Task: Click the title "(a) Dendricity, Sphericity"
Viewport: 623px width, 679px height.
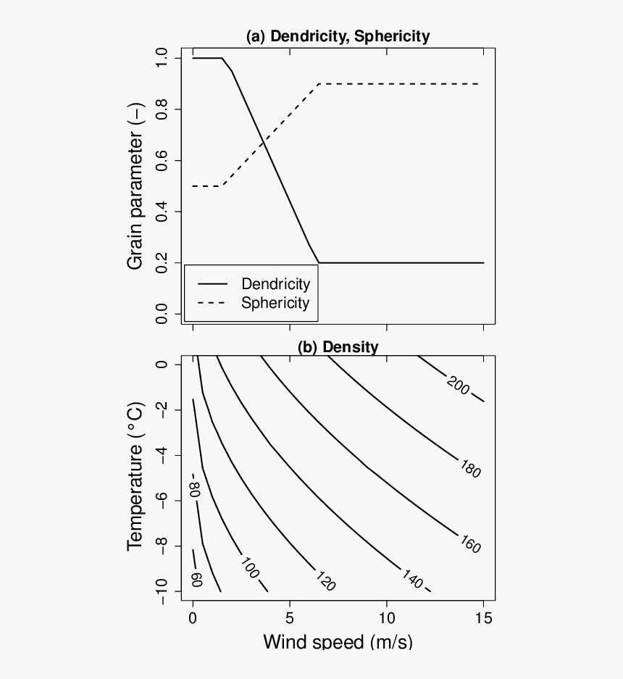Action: click(x=338, y=36)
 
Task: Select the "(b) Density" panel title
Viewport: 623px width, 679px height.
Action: click(x=338, y=347)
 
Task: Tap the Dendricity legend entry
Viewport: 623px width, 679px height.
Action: click(x=275, y=284)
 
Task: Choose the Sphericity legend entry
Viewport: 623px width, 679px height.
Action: click(x=275, y=303)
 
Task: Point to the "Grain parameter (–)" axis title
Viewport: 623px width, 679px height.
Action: click(x=136, y=186)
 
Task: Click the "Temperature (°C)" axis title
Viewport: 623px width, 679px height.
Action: click(x=136, y=477)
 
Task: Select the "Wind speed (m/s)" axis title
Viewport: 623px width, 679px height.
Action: click(x=338, y=641)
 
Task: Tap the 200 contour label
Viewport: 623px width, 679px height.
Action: click(x=458, y=387)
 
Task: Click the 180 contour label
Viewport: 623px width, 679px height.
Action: click(x=469, y=468)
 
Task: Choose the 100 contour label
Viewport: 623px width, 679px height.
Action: click(x=248, y=570)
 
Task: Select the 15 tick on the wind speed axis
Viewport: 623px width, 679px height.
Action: click(x=484, y=618)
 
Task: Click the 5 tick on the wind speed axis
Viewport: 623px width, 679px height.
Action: click(x=290, y=618)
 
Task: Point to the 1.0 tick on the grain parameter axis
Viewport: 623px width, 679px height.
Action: click(x=162, y=58)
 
